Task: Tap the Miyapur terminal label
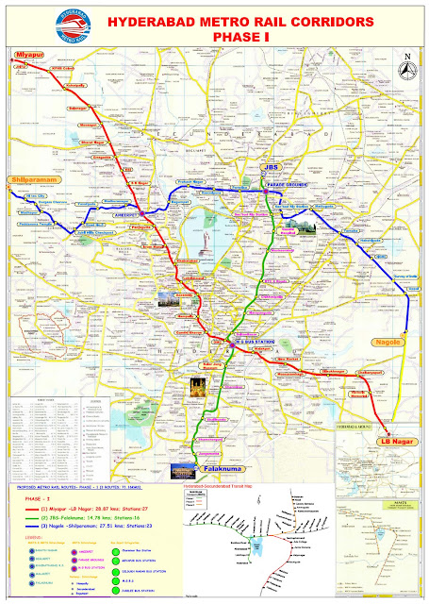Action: point(28,56)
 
